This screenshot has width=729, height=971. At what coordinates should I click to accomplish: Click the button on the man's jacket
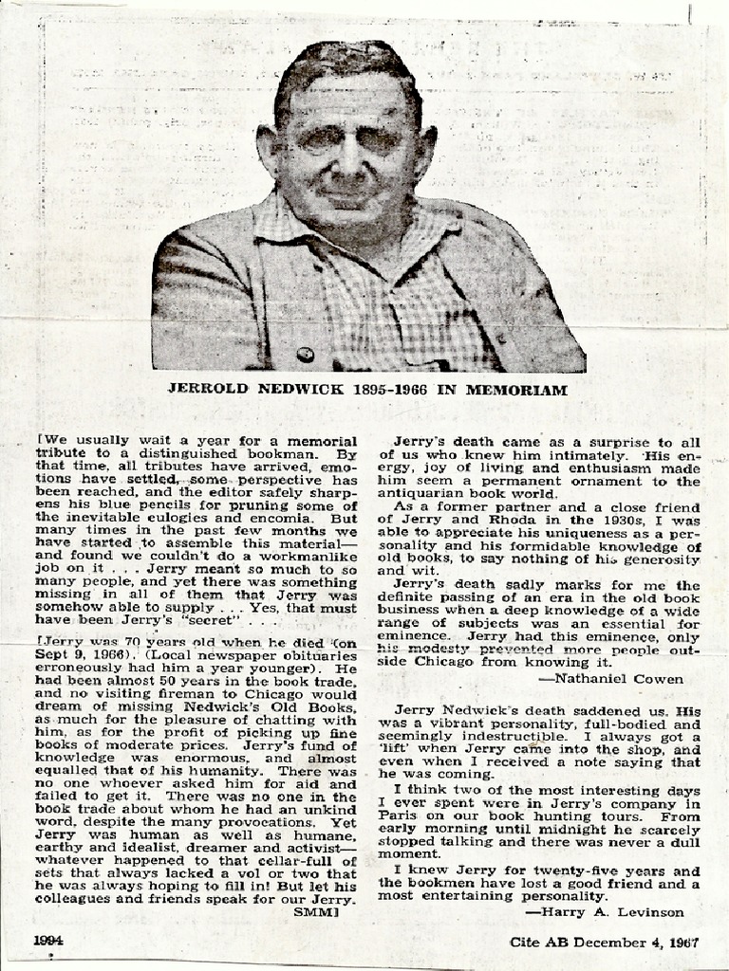click(x=305, y=355)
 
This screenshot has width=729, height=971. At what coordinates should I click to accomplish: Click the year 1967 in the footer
click(x=682, y=943)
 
